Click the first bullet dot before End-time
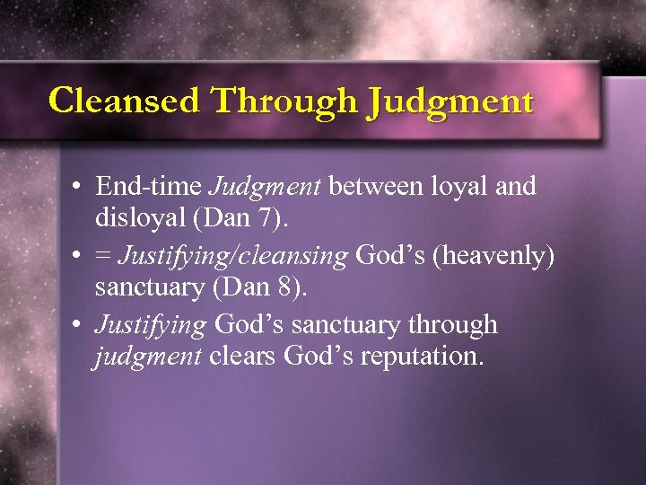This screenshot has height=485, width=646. pos(80,188)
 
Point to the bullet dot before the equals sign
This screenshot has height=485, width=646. pos(80,257)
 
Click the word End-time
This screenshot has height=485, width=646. pos(148,187)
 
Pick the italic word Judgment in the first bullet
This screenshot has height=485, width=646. pos(266,187)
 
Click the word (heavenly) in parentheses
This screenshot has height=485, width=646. pos(497,257)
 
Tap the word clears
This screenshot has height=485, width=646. pos(243,357)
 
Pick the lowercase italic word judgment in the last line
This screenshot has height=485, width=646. pos(148,357)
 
